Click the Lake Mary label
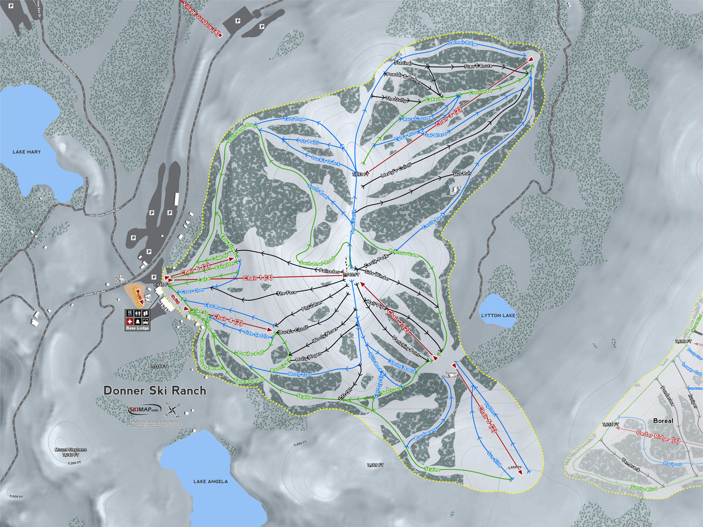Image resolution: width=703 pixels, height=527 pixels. point(28,152)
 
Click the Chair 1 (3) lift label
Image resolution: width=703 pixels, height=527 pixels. point(259,278)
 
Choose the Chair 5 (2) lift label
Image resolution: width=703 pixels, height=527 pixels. point(487,420)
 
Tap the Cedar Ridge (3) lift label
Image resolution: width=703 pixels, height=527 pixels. point(659,434)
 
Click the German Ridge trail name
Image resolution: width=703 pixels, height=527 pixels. point(462,43)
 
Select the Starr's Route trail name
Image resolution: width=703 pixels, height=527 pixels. point(478,67)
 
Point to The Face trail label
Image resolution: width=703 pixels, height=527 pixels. point(286,293)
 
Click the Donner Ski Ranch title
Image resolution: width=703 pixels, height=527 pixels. point(155,390)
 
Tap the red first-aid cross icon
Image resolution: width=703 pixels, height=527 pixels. point(129,321)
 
